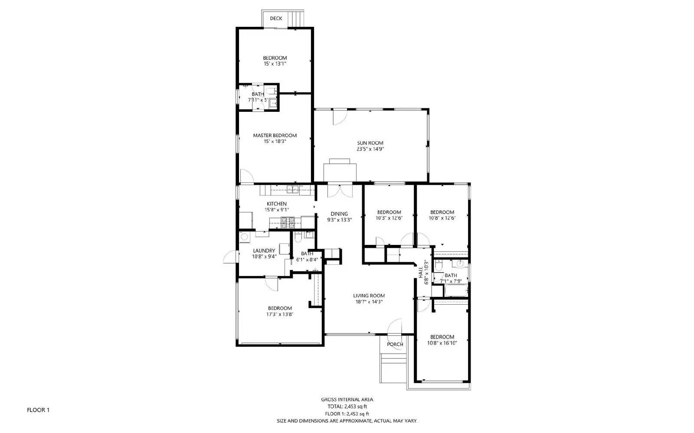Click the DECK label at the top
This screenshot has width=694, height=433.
[276, 18]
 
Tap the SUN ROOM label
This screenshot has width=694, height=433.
[370, 143]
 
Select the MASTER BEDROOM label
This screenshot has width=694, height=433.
[275, 136]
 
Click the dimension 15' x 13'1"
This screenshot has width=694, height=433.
[275, 64]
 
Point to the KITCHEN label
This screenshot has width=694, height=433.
[276, 204]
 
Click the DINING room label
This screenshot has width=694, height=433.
[339, 214]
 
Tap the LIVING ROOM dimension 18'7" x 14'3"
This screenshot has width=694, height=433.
[369, 302]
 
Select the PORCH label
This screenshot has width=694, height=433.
[395, 345]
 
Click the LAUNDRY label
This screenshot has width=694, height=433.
[264, 251]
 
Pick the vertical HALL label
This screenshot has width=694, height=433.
[421, 273]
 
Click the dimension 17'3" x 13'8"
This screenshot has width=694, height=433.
[279, 314]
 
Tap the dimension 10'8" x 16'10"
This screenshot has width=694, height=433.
[442, 343]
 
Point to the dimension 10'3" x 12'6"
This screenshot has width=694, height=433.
[389, 218]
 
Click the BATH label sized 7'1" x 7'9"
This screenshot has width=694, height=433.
[451, 275]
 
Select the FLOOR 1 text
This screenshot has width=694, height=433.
[38, 410]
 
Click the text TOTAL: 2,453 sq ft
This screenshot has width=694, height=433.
[347, 407]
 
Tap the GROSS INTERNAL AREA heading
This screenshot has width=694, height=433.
[347, 400]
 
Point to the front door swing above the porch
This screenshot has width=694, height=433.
[394, 328]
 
